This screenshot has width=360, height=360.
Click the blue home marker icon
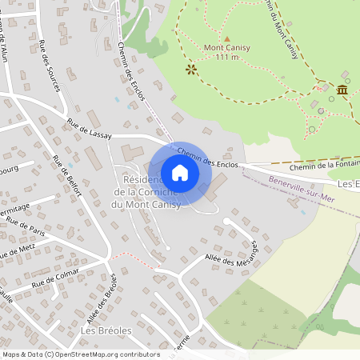[x=180, y=173]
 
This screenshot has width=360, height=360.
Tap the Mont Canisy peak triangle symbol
[x=226, y=38]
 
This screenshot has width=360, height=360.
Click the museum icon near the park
[x=342, y=90]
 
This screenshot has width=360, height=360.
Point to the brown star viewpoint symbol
[x=190, y=70]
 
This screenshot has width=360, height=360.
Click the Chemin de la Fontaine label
[x=324, y=166]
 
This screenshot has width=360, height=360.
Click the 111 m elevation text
[x=227, y=58]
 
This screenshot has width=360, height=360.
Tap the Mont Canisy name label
[x=227, y=48]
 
